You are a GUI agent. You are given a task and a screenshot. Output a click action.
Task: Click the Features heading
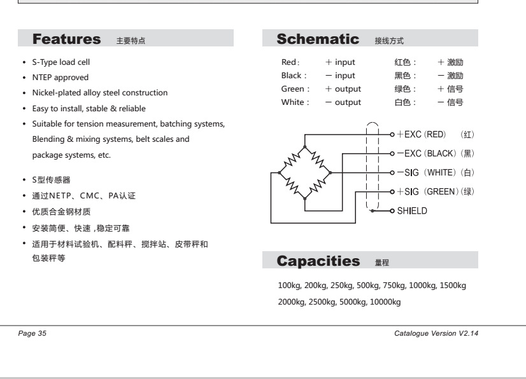click(x=67, y=39)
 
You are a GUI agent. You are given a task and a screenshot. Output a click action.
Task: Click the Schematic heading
click(x=318, y=39)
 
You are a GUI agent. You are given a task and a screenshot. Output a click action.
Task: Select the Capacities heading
click(x=318, y=261)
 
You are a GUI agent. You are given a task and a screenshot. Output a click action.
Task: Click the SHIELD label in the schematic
click(x=412, y=210)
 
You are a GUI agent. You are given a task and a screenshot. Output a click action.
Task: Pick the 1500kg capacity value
click(x=453, y=286)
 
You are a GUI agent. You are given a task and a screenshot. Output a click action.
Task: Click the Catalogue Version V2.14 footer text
click(x=436, y=333)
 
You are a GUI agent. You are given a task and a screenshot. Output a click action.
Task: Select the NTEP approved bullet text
click(x=52, y=78)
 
